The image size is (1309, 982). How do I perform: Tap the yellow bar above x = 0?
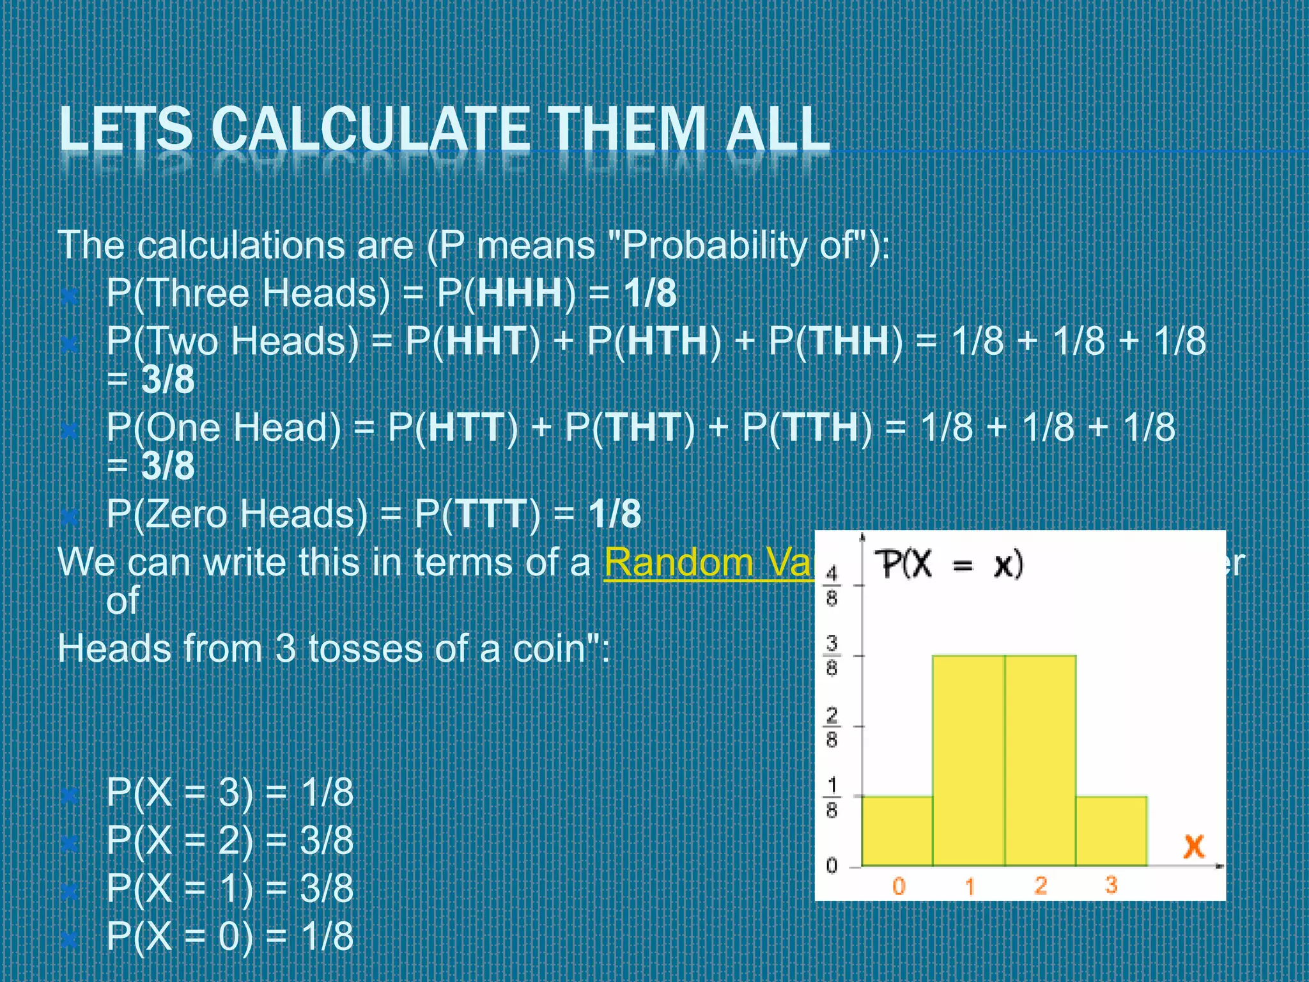point(897,831)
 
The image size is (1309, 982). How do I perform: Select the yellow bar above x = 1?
point(968,761)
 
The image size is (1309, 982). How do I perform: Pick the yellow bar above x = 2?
point(1041,761)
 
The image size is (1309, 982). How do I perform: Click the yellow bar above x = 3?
point(1111,831)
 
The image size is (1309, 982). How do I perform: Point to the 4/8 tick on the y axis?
point(832,585)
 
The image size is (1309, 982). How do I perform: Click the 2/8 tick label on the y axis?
point(832,727)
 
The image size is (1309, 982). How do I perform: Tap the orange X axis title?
point(1193,846)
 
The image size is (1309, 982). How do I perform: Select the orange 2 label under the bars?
point(1041,885)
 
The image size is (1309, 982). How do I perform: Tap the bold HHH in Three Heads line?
point(519,293)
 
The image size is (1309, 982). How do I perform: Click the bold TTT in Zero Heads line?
point(491,513)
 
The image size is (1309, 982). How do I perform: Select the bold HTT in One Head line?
point(467,426)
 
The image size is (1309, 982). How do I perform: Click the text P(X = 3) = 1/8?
point(229,792)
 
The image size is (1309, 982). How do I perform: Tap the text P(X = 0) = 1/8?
point(229,936)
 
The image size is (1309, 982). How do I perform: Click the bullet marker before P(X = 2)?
point(69,843)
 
